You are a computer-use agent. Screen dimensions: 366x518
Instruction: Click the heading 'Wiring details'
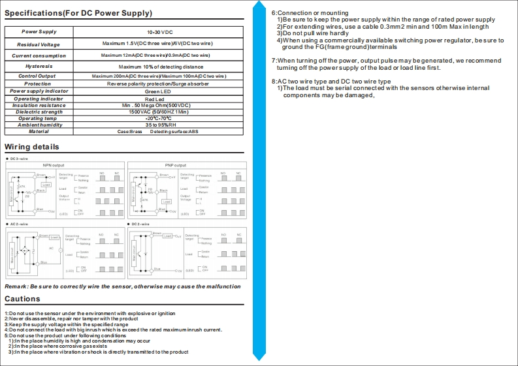click(x=32, y=147)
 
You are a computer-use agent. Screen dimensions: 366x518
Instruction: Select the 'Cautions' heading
click(x=23, y=299)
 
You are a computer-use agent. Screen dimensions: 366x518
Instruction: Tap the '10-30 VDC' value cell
click(x=159, y=32)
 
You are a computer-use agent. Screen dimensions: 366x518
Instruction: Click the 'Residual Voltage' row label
click(x=39, y=44)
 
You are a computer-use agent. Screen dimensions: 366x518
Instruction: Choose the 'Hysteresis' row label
click(x=39, y=67)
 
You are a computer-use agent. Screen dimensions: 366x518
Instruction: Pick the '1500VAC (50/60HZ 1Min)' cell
click(x=159, y=112)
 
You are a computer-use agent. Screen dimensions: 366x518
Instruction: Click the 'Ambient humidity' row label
click(x=39, y=125)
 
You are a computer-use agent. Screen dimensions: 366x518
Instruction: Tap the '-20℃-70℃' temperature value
click(x=159, y=118)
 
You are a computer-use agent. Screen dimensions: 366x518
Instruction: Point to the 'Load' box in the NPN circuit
click(x=45, y=185)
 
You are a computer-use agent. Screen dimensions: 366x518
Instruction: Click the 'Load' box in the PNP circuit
click(x=167, y=202)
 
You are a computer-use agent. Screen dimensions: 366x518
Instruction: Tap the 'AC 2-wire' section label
click(x=19, y=224)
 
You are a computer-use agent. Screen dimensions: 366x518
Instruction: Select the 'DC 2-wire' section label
click(x=140, y=224)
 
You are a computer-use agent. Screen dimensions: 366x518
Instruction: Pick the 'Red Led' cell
click(x=159, y=99)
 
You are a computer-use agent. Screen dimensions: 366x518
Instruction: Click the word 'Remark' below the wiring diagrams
click(x=16, y=286)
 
